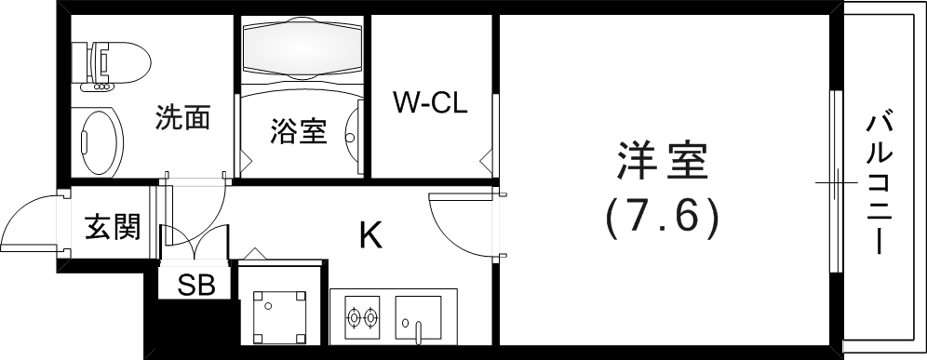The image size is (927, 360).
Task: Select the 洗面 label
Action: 181,118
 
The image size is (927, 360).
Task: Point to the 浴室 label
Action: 298,132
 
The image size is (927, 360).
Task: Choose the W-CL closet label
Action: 429,100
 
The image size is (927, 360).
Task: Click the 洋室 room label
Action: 662,163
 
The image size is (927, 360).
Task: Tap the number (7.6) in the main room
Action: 662,218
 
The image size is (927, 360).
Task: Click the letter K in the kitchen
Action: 370,236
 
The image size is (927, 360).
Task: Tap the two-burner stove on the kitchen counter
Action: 361,317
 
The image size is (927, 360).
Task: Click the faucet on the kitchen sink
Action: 419,329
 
